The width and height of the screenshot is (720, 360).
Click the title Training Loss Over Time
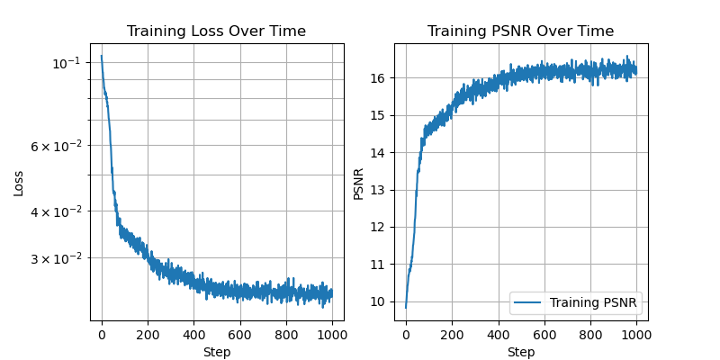pos(216,31)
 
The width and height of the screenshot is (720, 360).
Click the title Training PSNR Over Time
pos(520,31)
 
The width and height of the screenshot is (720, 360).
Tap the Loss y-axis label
pos(19,182)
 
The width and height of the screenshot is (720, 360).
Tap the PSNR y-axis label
pos(358,182)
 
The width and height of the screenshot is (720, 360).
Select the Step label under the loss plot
pos(216,352)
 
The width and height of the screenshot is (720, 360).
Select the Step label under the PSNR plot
pos(520,352)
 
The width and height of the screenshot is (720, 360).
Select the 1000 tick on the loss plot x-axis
pos(332,335)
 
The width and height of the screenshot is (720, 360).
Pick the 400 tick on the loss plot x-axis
pos(193,335)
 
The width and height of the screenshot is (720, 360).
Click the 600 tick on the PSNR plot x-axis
pos(544,335)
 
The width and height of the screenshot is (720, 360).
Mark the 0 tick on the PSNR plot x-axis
pos(406,335)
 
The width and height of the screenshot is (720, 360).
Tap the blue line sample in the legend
pos(529,302)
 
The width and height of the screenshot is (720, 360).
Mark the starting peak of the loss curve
pos(102,56)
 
